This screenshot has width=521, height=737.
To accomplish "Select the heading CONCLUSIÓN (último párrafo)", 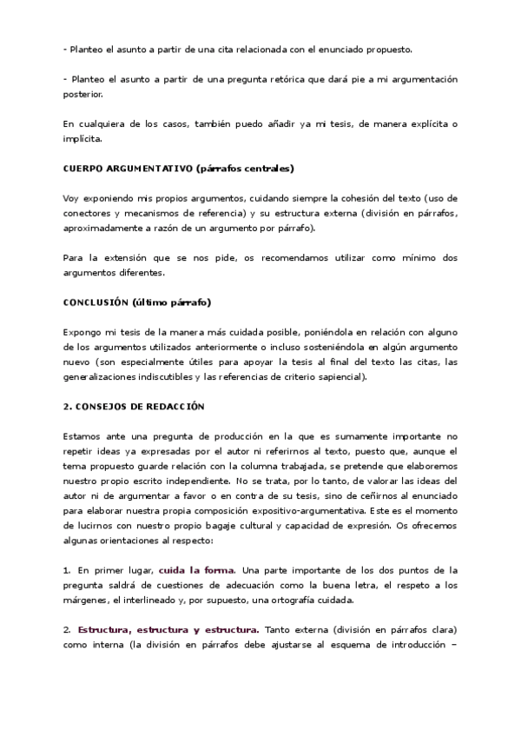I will pos(138,302).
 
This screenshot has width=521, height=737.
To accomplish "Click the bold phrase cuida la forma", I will pos(196,570).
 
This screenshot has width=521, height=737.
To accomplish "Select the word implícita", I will pos(82,139).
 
